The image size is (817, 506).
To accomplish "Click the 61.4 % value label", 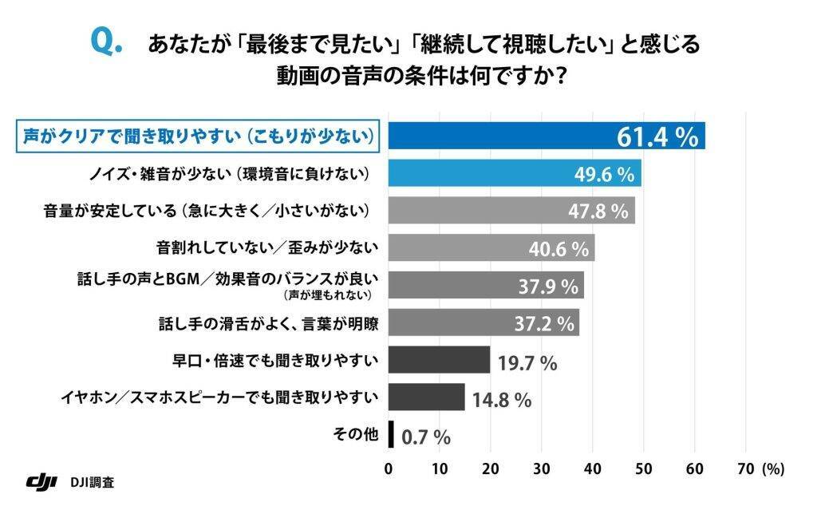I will point(657,137).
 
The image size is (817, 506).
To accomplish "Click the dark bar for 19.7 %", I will point(439,360).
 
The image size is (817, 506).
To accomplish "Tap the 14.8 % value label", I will point(501,399).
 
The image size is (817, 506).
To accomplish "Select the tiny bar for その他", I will point(391,435).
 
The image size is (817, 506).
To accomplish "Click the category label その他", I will point(355,435).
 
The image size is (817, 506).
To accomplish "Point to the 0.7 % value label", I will point(426,437).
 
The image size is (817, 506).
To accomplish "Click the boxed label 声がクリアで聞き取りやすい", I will point(197,136).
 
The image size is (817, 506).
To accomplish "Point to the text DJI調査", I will point(92,482).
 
